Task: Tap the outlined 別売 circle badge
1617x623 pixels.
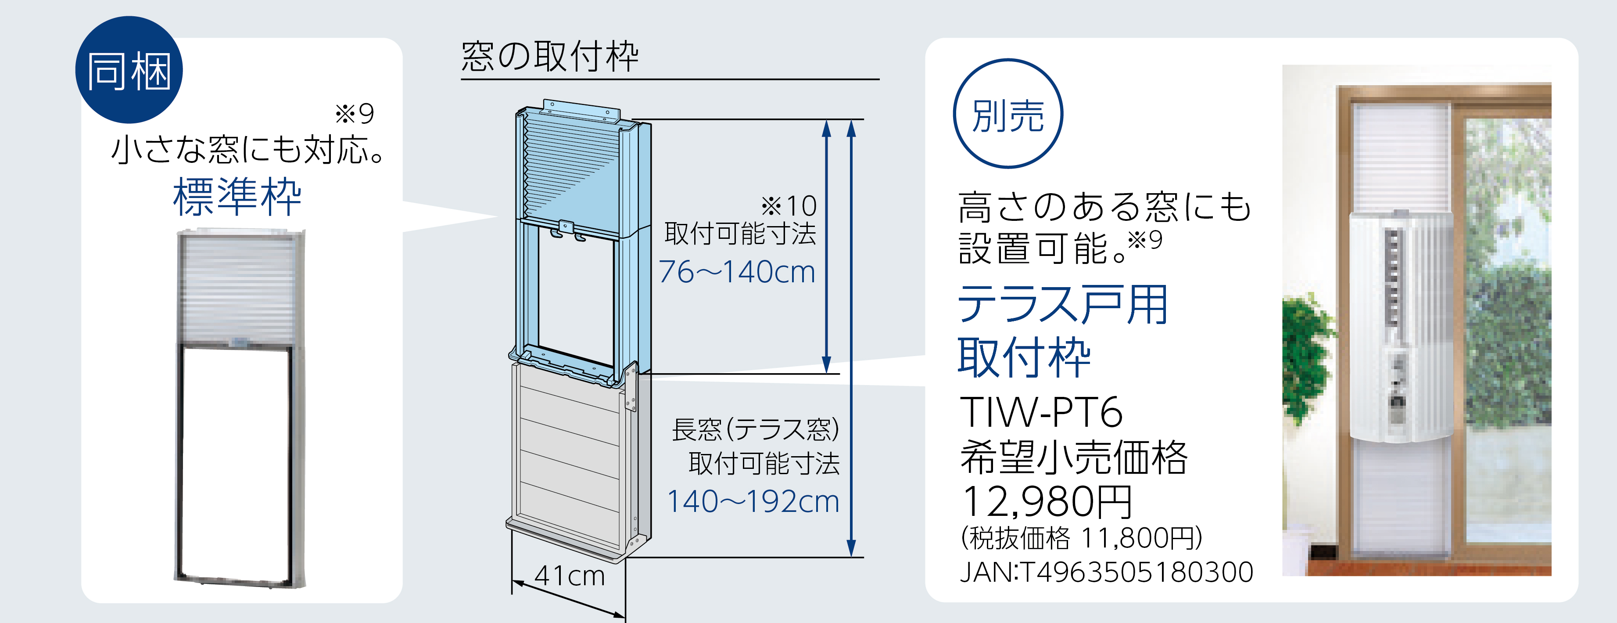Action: coord(1007,114)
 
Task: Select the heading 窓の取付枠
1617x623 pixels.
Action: coord(550,57)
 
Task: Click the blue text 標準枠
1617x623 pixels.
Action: coord(237,197)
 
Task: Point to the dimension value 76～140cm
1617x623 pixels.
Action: coord(737,272)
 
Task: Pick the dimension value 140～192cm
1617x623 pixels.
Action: coord(753,501)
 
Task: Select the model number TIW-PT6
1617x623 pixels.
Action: coord(1041,412)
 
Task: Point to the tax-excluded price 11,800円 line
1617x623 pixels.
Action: coord(1082,537)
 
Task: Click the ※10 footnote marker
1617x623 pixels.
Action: coord(789,205)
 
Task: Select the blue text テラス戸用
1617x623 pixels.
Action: coord(1063,305)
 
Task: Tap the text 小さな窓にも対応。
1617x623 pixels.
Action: coord(248,150)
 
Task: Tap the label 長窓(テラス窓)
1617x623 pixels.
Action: coord(756,429)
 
